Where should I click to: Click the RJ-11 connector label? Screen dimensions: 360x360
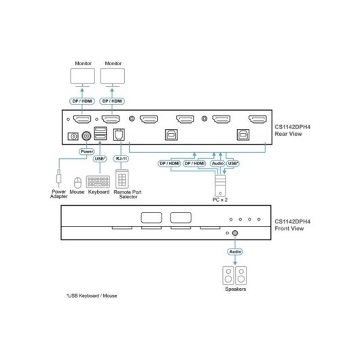pos(121,159)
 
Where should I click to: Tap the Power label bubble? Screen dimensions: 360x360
pos(87,151)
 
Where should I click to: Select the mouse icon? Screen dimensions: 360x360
pos(77,183)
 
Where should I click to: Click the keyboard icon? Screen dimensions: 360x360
pos(98,181)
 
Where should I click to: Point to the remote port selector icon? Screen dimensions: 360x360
pos(122,179)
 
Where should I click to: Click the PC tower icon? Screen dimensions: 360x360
pos(220,185)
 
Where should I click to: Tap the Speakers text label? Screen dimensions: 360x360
pos(235,289)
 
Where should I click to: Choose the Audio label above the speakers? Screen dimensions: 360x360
pos(235,251)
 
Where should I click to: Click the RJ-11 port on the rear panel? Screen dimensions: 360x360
pos(119,134)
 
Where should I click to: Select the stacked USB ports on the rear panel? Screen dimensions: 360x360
pos(101,133)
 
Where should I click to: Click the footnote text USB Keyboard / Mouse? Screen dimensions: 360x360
pos(92,295)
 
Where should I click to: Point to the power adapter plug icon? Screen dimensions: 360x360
pos(59,178)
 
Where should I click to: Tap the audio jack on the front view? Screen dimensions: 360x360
pos(235,233)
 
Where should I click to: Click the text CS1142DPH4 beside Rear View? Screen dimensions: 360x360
pos(293,127)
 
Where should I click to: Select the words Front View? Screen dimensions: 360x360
pos(289,228)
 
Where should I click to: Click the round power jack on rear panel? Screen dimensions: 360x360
pos(86,136)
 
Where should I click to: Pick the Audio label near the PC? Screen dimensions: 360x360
pos(217,164)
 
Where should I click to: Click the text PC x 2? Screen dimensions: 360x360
pos(220,200)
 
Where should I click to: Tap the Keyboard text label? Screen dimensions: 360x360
pos(98,192)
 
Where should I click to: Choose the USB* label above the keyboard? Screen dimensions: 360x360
pos(100,159)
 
